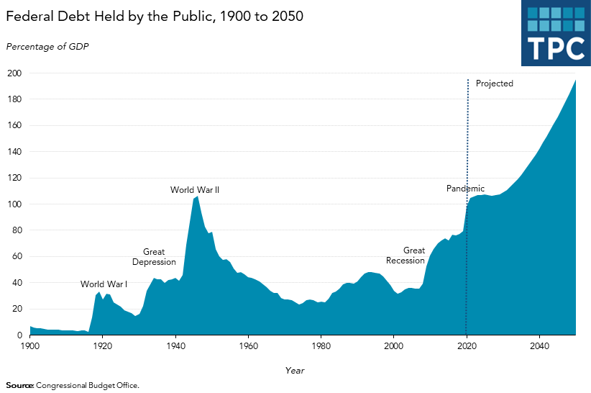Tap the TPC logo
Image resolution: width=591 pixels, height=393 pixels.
click(556, 33)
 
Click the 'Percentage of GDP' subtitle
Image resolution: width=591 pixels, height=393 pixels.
click(47, 47)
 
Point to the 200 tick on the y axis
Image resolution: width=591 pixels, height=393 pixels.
click(14, 73)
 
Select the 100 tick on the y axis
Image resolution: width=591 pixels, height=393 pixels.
click(14, 204)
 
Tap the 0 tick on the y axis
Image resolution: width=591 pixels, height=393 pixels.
click(19, 335)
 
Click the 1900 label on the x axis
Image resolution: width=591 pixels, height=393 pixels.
click(29, 347)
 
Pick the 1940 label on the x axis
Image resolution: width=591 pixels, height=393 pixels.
click(175, 347)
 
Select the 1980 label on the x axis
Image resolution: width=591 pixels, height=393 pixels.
click(321, 347)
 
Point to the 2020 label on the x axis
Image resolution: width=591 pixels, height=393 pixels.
click(467, 347)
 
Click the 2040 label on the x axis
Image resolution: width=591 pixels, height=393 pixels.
click(539, 347)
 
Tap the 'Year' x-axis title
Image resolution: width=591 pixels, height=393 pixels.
click(294, 370)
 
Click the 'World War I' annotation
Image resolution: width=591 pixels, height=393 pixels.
click(104, 284)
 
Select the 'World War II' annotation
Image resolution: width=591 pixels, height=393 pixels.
click(194, 190)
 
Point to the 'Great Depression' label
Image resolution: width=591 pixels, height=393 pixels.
click(154, 257)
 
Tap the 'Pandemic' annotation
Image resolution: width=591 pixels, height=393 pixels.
click(465, 189)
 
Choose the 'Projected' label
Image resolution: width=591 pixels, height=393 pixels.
click(495, 83)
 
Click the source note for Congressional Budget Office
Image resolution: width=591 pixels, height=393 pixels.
click(73, 385)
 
